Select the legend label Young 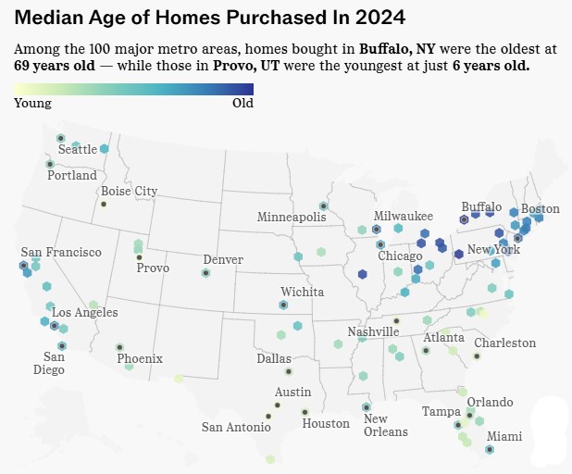[x=33, y=104]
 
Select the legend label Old [x=242, y=104]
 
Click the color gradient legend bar [x=134, y=89]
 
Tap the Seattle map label [x=77, y=149]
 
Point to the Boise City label [x=129, y=192]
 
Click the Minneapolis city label [x=292, y=217]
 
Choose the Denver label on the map [x=223, y=259]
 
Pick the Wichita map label [x=303, y=292]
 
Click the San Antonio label [x=236, y=427]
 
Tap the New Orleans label [x=375, y=426]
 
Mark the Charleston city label [x=505, y=343]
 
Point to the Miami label [x=504, y=436]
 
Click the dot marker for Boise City [x=104, y=204]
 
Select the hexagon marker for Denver [x=205, y=272]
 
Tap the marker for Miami [x=489, y=449]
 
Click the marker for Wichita [x=283, y=305]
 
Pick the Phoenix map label [x=140, y=358]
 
